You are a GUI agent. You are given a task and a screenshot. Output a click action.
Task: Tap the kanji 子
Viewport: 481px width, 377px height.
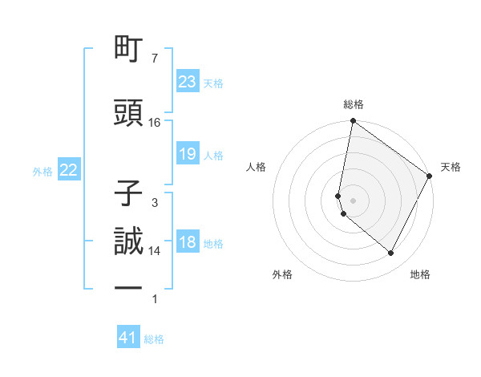(129, 193)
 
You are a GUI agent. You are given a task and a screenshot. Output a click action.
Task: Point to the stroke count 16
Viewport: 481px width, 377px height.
(155, 123)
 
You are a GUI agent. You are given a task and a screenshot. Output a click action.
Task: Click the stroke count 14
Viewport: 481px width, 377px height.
(155, 251)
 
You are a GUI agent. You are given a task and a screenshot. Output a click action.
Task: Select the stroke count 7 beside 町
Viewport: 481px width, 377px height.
(155, 59)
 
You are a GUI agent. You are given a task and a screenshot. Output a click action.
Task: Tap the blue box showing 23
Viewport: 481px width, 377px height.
(187, 82)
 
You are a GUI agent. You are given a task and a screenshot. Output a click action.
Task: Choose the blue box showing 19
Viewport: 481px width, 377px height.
(187, 154)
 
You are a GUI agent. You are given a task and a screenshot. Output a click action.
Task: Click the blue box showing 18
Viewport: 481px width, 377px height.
(187, 243)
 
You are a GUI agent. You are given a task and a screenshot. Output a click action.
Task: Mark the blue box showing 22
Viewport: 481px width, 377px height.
(69, 170)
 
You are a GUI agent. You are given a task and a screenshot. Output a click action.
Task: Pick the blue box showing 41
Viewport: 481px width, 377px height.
(128, 338)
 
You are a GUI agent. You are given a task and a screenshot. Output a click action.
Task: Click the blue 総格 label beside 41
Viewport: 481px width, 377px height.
(154, 339)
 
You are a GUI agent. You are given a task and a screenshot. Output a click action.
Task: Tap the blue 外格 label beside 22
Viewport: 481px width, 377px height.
(42, 171)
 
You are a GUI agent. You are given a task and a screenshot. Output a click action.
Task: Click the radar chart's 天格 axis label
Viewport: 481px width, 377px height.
(451, 167)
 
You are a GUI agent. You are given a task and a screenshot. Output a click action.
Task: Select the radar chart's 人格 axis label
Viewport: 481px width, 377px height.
(257, 167)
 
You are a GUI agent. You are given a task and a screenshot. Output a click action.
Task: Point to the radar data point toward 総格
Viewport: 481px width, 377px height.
(353, 122)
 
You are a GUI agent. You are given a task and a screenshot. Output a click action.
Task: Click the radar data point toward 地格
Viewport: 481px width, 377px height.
(391, 253)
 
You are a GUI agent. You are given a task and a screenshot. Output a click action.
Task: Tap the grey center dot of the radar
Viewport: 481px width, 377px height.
(353, 200)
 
